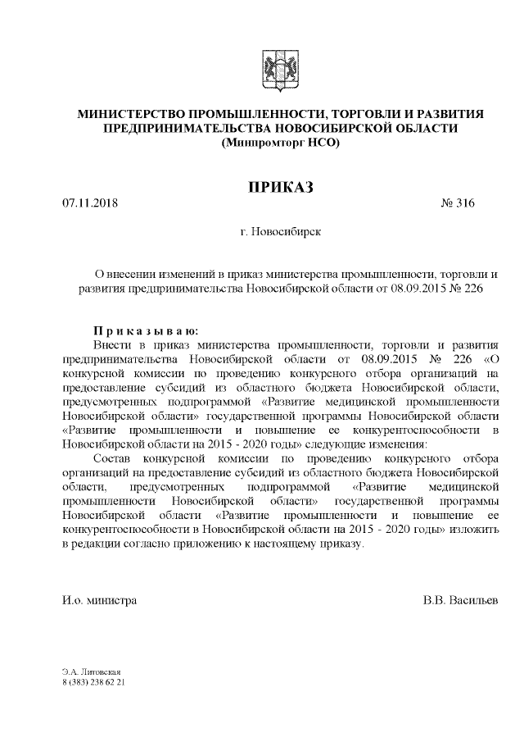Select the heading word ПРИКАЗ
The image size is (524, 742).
[281, 188]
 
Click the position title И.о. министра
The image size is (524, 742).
[99, 600]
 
